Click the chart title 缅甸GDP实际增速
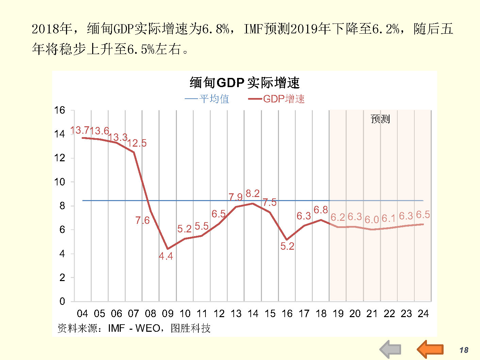[245, 83]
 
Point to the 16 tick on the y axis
[60, 110]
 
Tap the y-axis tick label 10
[60, 182]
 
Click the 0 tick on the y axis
[62, 301]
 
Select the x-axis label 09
[167, 314]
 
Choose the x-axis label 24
[423, 314]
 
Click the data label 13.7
[79, 130]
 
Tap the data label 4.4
[166, 256]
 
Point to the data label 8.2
[252, 194]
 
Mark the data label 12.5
[137, 143]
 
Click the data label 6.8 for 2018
[321, 210]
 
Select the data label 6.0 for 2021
[371, 220]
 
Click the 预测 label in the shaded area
[380, 119]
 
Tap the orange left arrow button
[430, 349]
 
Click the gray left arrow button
[390, 349]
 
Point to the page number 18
[464, 350]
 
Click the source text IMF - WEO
[134, 328]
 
